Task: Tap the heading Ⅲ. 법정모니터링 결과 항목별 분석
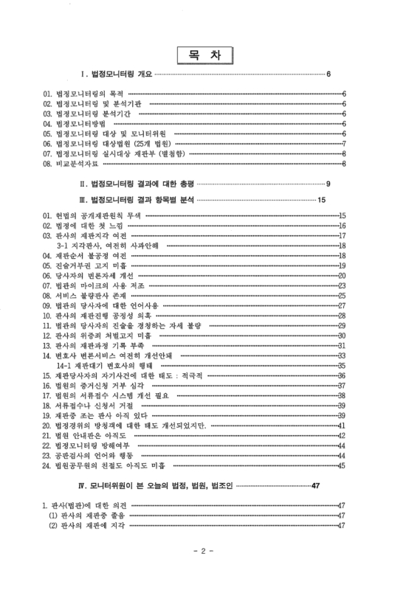pos(140,199)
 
